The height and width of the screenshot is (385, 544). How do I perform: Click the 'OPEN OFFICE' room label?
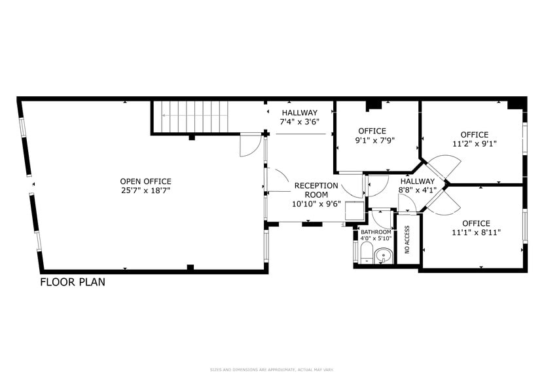pos(145,181)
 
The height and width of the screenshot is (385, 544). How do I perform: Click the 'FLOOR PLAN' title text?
pos(73,283)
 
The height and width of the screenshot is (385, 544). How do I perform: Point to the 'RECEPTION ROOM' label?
pos(316,190)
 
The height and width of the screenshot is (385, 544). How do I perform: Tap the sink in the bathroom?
pos(384,255)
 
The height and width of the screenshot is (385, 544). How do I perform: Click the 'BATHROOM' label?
pos(376,232)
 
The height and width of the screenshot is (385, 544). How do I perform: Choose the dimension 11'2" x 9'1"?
pos(475,144)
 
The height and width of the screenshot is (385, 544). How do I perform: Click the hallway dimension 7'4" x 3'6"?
pos(299,122)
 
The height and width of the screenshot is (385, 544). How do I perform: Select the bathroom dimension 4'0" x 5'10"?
pos(376,238)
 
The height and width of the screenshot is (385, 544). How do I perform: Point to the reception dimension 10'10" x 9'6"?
pos(316,204)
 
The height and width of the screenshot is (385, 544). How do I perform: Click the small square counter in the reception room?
pos(354,210)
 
